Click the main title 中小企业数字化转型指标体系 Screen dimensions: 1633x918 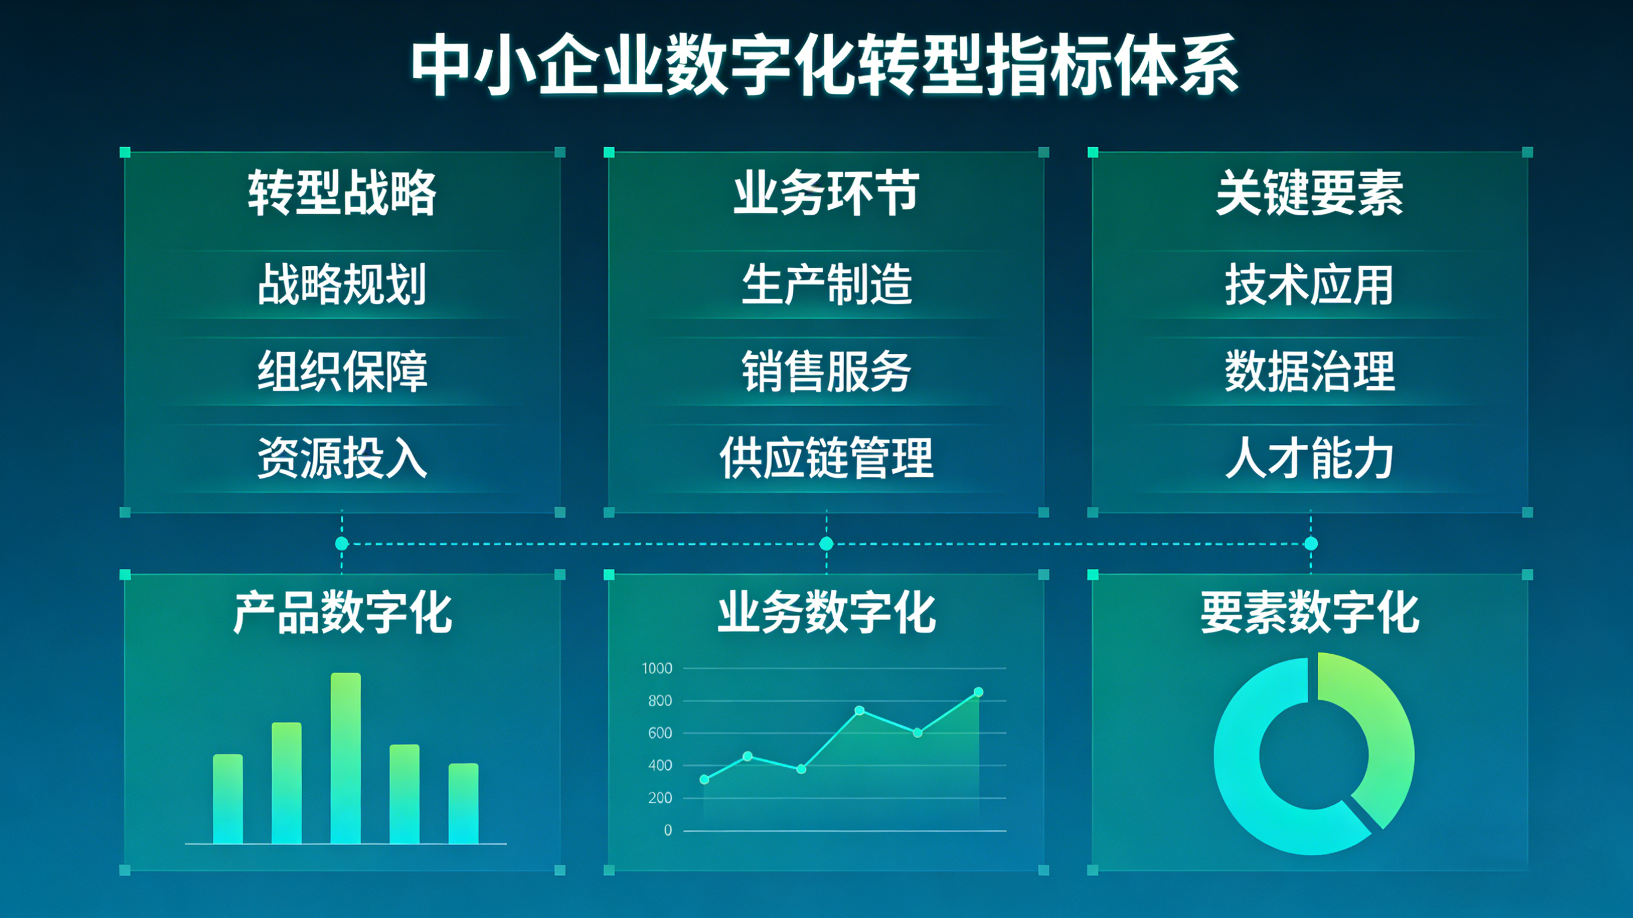825,65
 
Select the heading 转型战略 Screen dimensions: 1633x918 342,193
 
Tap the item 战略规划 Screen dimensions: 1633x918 342,284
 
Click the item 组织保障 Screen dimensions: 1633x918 342,371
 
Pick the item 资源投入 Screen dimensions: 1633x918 342,457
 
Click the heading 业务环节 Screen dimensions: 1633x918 826,193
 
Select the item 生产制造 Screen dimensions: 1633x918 826,284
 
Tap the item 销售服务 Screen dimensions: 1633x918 826,371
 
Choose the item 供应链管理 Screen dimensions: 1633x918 826,457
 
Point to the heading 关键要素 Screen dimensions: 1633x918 1310,193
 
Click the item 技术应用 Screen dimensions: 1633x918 1310,284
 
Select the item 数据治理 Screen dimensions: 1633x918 1310,371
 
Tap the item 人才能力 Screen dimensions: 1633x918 1310,457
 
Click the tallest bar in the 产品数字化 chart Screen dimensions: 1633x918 346,758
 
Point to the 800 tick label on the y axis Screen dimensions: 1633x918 660,700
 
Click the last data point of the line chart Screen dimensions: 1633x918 978,692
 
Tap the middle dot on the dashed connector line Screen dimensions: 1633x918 826,543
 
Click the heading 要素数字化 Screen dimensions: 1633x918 1310,612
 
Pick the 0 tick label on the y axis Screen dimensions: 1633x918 668,830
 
